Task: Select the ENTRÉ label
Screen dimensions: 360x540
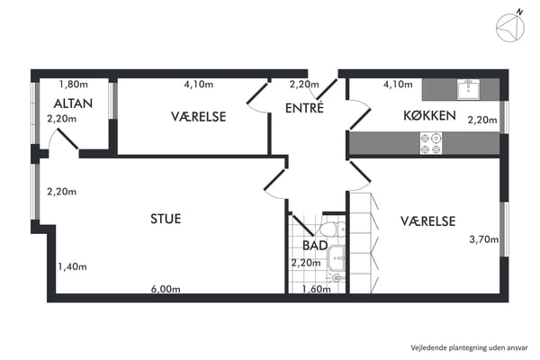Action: (304, 109)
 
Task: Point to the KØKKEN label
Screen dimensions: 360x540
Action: (428, 115)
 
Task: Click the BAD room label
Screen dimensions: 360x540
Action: (314, 245)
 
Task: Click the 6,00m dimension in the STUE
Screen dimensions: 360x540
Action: (166, 290)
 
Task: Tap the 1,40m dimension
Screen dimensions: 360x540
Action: (71, 266)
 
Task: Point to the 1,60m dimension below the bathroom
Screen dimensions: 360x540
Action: (315, 290)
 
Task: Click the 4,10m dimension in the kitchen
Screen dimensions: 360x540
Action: (398, 85)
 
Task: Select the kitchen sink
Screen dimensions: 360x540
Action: (467, 87)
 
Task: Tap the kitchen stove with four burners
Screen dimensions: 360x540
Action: (430, 142)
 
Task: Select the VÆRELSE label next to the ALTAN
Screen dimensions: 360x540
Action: (198, 117)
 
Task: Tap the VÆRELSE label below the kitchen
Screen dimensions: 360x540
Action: (427, 220)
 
